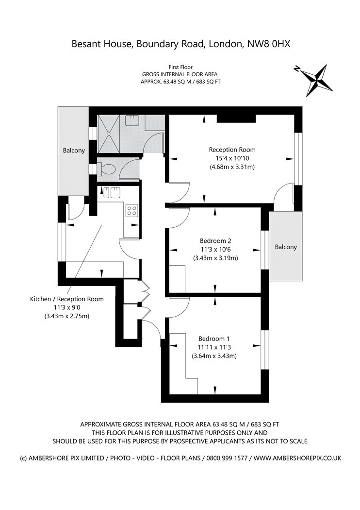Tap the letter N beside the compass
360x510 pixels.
(296, 68)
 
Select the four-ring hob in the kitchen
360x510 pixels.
(132, 210)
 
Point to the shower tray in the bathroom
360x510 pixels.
(110, 134)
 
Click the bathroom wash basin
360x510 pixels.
(133, 120)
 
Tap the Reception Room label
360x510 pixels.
(232, 150)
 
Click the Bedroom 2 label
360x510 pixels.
(215, 241)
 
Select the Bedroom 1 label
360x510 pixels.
(214, 339)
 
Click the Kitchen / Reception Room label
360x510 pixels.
(67, 299)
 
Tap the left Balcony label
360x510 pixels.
(74, 150)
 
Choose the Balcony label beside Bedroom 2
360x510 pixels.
(286, 247)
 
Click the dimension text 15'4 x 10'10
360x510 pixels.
(232, 158)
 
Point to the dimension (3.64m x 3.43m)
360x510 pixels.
(214, 356)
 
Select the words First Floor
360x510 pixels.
(180, 68)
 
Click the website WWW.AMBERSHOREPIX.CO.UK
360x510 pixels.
(297, 458)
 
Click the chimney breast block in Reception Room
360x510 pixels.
(236, 119)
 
